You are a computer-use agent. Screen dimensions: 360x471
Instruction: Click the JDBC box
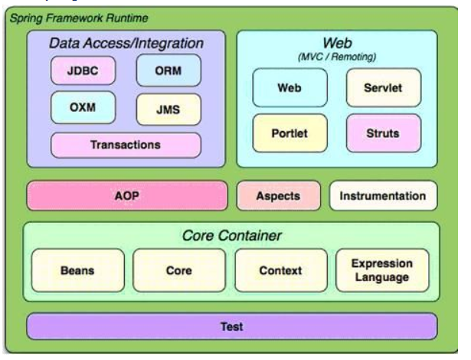82,71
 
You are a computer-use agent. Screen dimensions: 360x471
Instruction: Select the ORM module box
168,71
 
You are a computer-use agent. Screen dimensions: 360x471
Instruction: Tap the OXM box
82,107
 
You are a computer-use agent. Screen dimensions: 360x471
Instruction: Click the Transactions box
126,145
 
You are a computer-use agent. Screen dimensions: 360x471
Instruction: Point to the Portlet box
289,133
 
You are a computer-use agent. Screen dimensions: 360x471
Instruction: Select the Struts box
383,133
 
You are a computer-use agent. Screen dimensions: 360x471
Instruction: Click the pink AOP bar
126,196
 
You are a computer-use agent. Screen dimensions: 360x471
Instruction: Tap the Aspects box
279,196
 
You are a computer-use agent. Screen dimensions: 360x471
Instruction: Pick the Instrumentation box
383,196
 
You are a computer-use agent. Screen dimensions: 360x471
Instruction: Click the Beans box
77,270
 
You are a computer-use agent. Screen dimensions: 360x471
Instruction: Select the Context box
280,270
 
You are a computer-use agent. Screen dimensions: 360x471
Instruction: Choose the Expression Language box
383,270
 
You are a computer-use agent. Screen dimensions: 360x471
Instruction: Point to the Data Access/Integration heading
126,44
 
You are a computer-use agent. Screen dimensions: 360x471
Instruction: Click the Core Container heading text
231,237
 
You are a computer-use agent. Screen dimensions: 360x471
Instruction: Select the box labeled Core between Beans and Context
180,270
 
